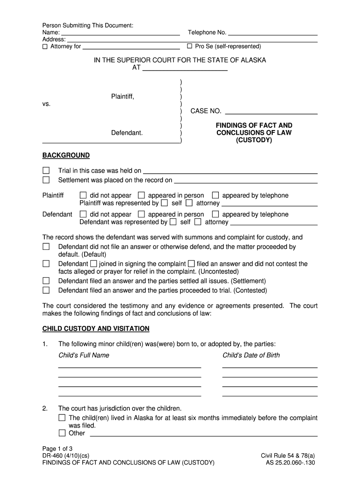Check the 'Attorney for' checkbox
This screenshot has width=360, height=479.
45,46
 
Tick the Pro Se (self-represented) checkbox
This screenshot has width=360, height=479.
189,46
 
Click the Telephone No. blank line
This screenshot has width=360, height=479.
273,33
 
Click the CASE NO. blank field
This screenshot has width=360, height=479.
271,111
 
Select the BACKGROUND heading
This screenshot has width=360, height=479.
66,155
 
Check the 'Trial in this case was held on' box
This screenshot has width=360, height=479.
46,170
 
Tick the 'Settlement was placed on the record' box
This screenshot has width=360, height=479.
46,180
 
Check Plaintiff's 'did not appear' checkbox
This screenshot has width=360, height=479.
83,195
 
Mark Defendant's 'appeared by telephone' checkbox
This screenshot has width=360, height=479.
216,214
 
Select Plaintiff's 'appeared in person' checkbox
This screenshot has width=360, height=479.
142,195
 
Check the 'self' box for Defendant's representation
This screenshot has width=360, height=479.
173,222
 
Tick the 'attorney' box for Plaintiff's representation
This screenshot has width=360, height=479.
189,203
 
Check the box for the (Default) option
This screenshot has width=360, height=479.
46,247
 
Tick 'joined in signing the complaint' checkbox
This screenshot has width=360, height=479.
94,264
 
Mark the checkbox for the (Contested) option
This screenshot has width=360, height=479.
46,290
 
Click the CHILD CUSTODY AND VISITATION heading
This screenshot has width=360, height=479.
96,328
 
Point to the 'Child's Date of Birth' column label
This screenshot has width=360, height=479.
251,355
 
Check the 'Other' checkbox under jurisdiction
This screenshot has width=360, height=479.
62,433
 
